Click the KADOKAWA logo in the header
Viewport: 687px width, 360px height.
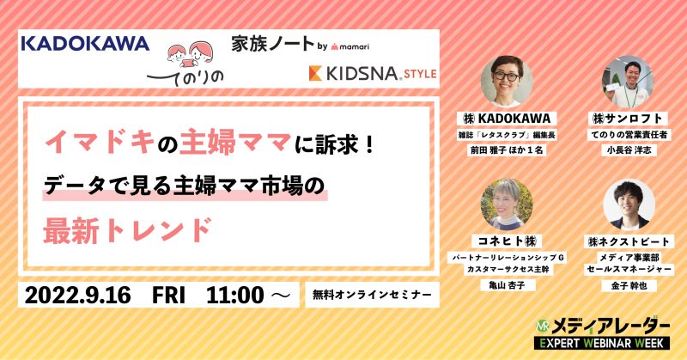pyautogui.click(x=85, y=44)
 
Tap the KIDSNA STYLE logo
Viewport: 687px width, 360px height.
pyautogui.click(x=373, y=73)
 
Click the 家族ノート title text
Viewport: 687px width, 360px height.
pyautogui.click(x=272, y=45)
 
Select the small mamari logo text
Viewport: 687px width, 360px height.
pyautogui.click(x=350, y=46)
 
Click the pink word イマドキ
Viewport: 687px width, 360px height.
pyautogui.click(x=100, y=143)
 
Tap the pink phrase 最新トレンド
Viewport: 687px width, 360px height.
pyautogui.click(x=127, y=230)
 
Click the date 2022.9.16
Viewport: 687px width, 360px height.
pyautogui.click(x=77, y=295)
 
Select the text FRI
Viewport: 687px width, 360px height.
pyautogui.click(x=168, y=295)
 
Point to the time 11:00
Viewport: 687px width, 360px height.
pyautogui.click(x=234, y=295)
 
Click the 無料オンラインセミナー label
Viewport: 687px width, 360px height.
pyautogui.click(x=372, y=295)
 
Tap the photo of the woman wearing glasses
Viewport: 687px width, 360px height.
pyautogui.click(x=507, y=81)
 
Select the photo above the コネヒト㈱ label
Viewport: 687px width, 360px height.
pyautogui.click(x=507, y=204)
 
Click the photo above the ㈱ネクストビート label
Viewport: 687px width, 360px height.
pyautogui.click(x=629, y=204)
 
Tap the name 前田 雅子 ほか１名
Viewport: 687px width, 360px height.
pyautogui.click(x=507, y=150)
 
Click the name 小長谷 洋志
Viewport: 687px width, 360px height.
pyautogui.click(x=629, y=150)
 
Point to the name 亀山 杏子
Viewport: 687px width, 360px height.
pyautogui.click(x=507, y=285)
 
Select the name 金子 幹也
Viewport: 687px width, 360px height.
pyautogui.click(x=629, y=286)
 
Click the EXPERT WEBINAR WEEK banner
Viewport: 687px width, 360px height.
pyautogui.click(x=602, y=343)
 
